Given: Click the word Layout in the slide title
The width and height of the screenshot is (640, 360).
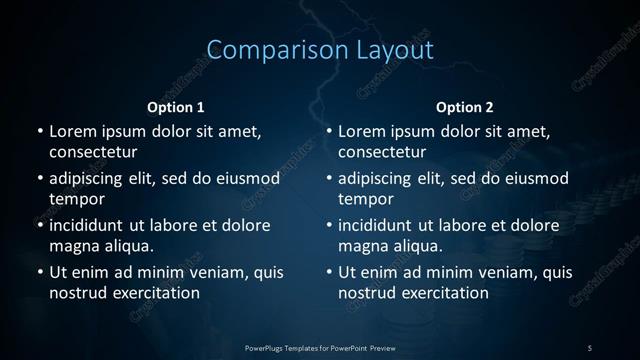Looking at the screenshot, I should pos(384,49).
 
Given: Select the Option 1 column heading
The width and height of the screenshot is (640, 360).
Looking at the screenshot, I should pos(176,107).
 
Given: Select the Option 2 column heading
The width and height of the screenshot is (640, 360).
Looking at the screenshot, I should pos(465,107).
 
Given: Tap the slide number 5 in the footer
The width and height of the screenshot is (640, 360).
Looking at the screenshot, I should pos(590,347).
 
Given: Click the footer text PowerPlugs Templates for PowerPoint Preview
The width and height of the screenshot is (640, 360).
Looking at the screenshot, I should pos(320,347).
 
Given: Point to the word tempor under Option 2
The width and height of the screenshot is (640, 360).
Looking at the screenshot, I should pos(362,198).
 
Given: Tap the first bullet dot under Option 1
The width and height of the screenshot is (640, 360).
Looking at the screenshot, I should pos(40,131).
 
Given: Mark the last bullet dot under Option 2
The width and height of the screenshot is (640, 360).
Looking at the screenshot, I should pos(329,272).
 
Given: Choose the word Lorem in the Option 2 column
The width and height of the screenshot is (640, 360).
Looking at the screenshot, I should pos(361,131).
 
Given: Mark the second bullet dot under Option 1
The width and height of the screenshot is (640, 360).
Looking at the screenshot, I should pos(40,179).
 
